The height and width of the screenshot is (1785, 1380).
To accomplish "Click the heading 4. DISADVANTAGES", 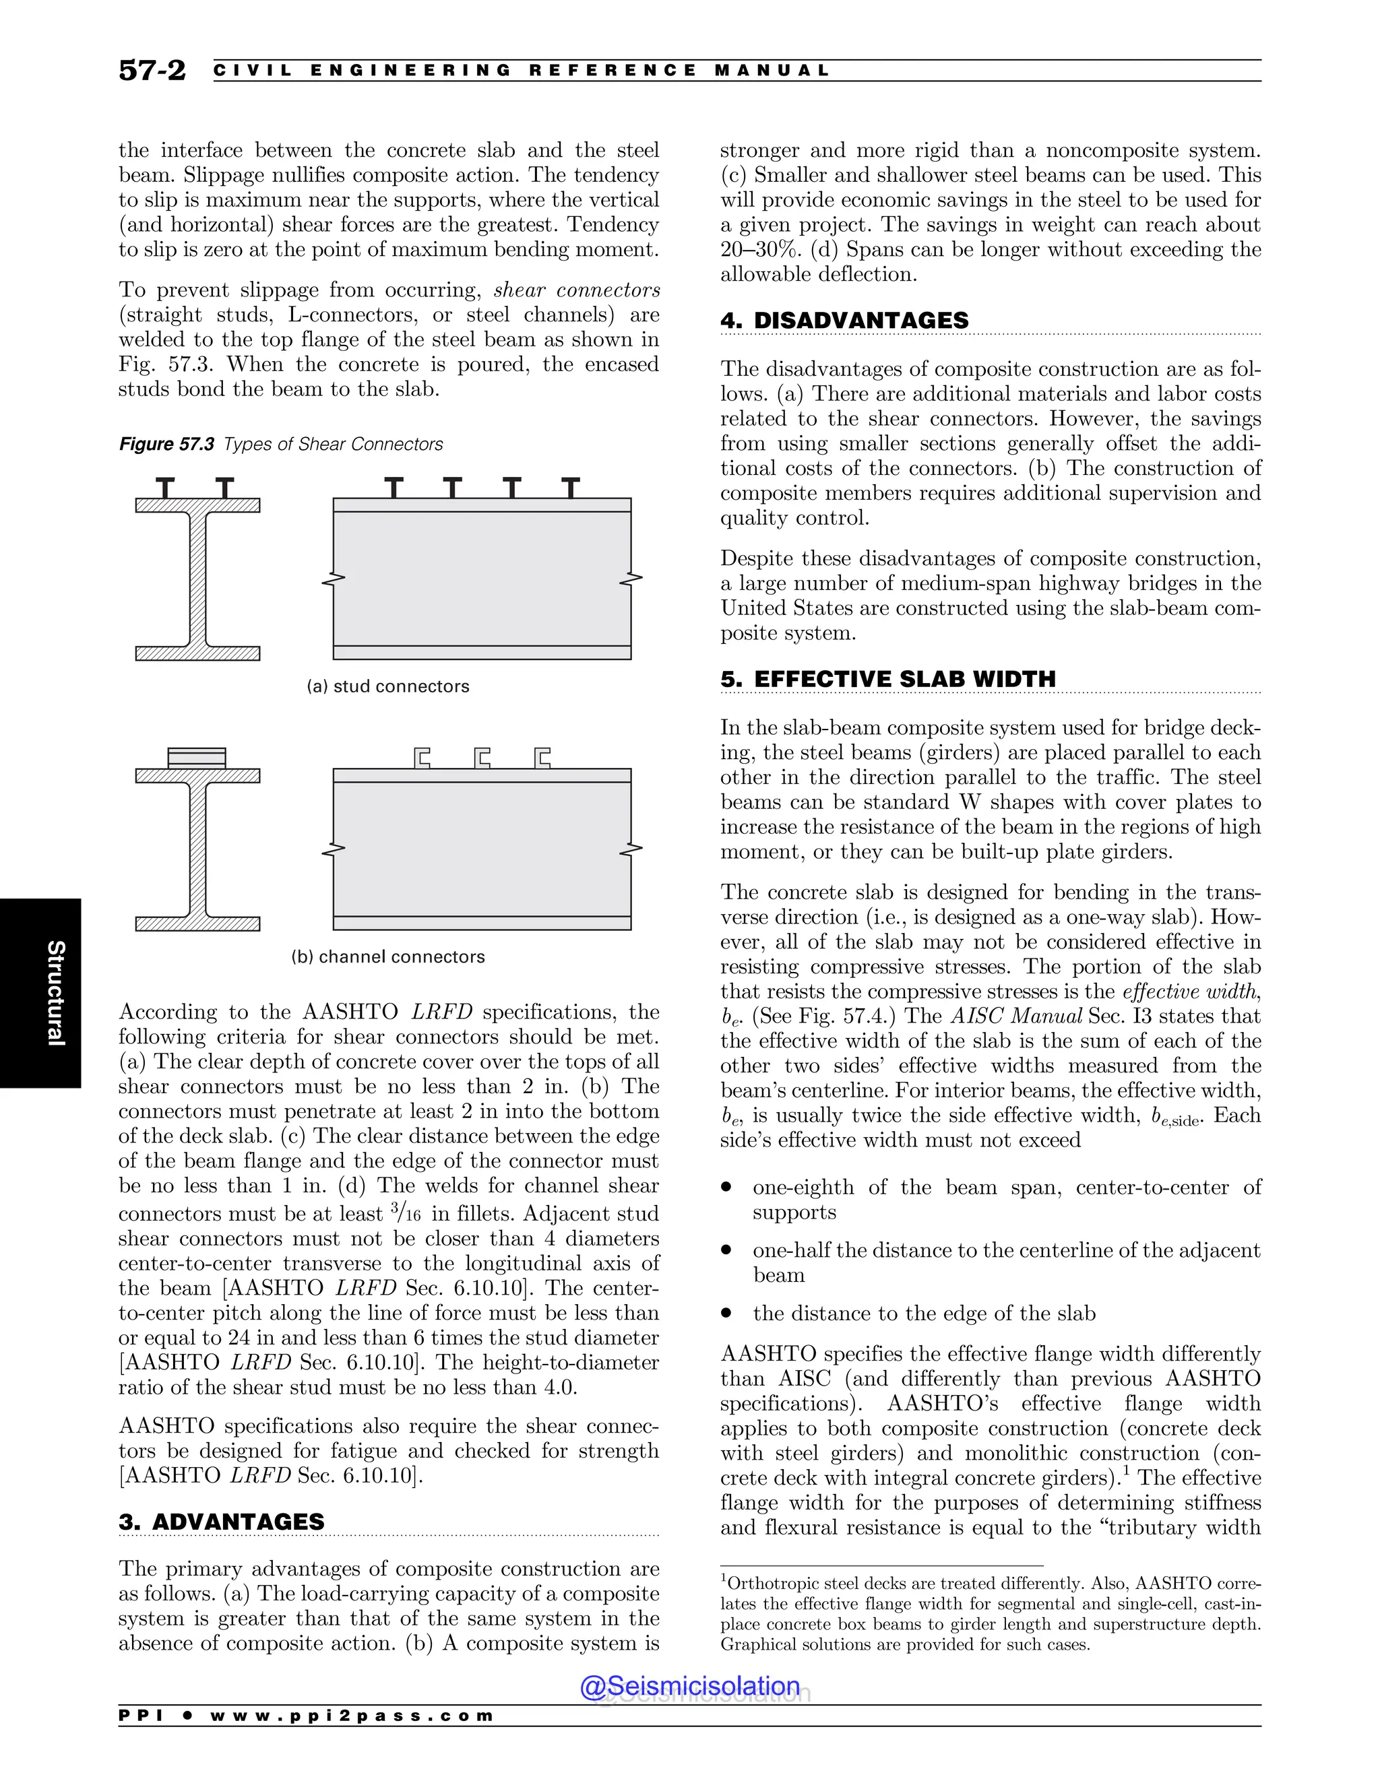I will coord(844,321).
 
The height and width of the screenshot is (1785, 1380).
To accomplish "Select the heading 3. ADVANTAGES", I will coord(222,1522).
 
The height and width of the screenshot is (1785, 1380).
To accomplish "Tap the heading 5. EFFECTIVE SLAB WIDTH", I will coord(888,679).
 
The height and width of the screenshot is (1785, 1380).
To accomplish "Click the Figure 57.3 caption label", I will coord(167,444).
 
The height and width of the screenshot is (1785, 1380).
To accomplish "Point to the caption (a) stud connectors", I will coord(387,686).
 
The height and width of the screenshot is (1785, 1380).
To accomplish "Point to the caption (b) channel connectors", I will coord(387,957).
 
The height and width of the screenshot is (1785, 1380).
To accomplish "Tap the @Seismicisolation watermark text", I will coord(690,1686).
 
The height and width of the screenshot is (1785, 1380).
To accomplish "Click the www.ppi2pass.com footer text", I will coord(352,1716).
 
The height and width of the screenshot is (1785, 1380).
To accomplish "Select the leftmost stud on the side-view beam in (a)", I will coord(394,488).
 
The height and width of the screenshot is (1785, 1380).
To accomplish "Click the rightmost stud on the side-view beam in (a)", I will coord(571,488).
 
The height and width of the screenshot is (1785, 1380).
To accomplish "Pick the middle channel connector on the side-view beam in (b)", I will coord(482,758).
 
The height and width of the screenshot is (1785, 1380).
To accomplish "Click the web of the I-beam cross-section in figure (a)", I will coord(197,579).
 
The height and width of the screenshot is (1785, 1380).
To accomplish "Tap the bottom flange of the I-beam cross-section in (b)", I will coord(197,924).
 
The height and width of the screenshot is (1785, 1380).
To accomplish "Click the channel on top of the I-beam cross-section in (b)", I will coord(196,758).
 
